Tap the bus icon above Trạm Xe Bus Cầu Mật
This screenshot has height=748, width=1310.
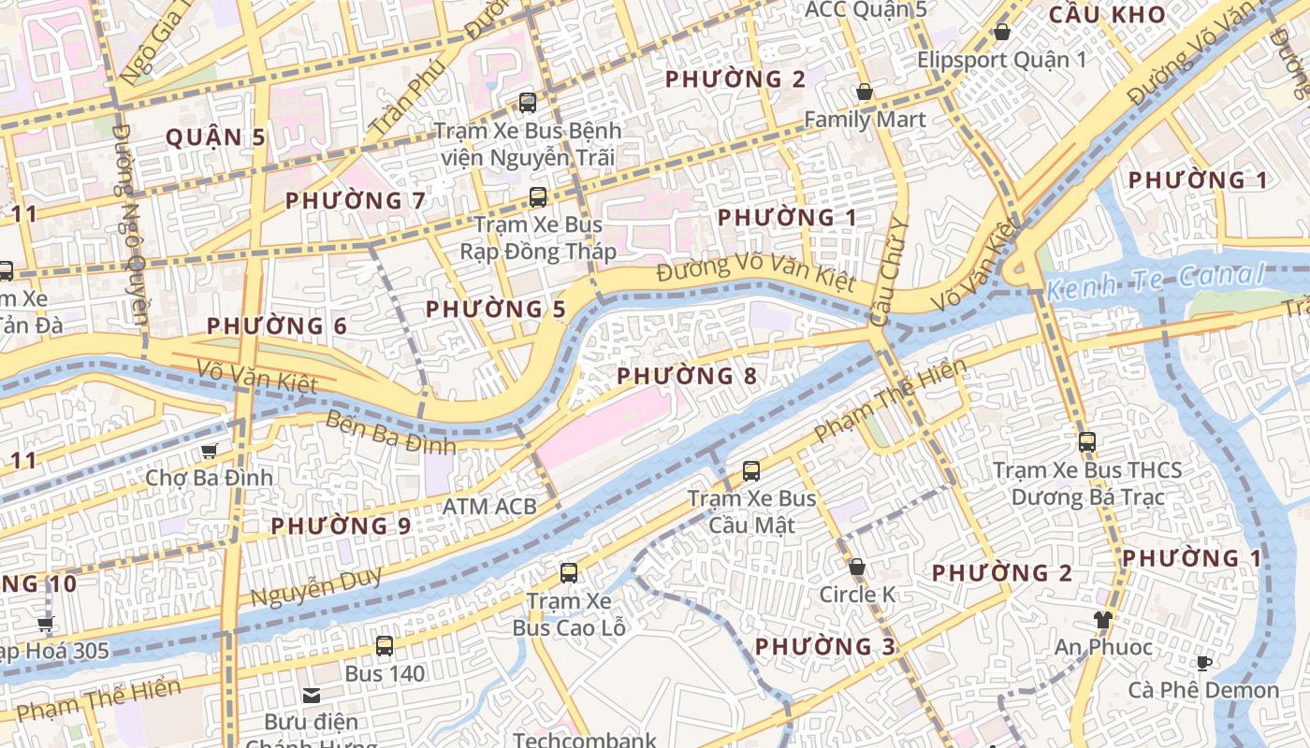pyautogui.click(x=750, y=471)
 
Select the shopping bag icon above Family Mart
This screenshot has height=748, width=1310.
pyautogui.click(x=864, y=92)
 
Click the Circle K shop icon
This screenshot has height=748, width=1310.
pyautogui.click(x=856, y=567)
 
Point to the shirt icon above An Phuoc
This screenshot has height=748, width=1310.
pyautogui.click(x=1102, y=619)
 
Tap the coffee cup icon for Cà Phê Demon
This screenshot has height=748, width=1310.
pyautogui.click(x=1203, y=663)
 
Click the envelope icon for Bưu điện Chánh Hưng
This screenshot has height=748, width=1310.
pyautogui.click(x=311, y=696)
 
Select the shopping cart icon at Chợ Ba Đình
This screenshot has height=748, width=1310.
pyautogui.click(x=209, y=451)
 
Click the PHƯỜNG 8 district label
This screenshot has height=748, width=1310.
pyautogui.click(x=687, y=376)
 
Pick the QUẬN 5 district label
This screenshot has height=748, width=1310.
pyautogui.click(x=215, y=137)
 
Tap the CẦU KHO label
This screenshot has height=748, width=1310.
pyautogui.click(x=1107, y=15)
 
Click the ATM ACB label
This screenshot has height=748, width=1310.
pyautogui.click(x=489, y=507)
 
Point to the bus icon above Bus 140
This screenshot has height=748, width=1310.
pyautogui.click(x=384, y=645)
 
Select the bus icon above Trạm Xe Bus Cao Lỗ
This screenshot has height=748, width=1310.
pyautogui.click(x=568, y=572)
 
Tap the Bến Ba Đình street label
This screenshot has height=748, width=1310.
pyautogui.click(x=390, y=433)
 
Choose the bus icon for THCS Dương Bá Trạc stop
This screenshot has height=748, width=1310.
pyautogui.click(x=1086, y=441)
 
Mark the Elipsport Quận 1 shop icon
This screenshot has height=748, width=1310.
pyautogui.click(x=1001, y=32)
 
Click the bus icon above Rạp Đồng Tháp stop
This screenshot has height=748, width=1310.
pyautogui.click(x=537, y=196)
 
